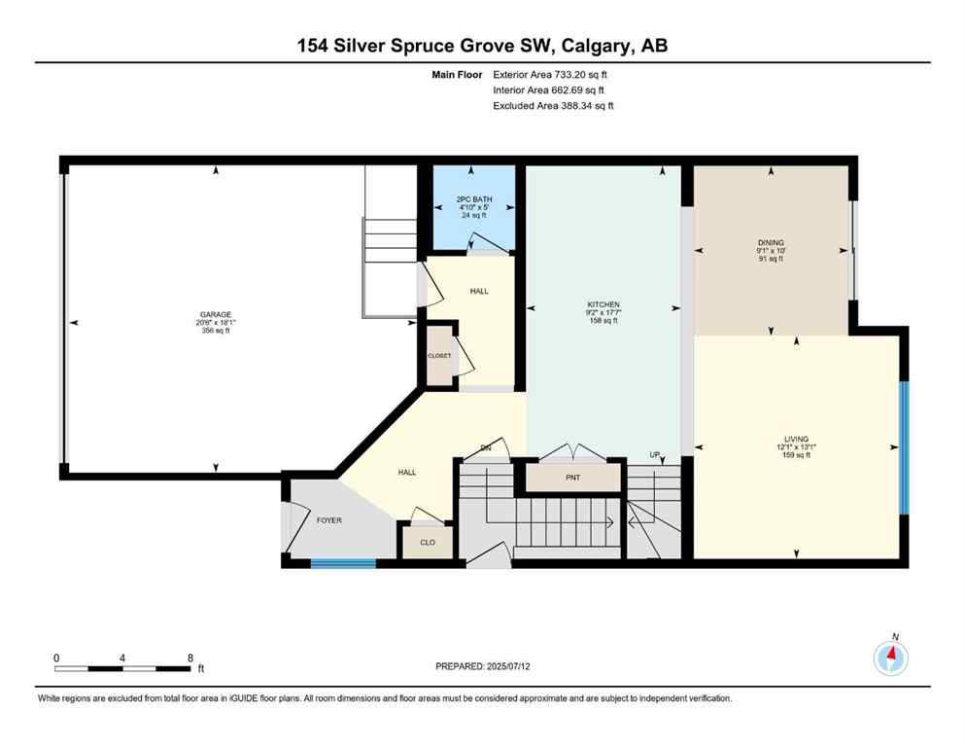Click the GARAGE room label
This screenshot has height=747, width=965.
click(x=216, y=314)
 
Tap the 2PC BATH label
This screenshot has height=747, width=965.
click(x=475, y=199)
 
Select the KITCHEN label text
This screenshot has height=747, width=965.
click(x=603, y=304)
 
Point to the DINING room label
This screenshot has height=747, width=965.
click(x=771, y=242)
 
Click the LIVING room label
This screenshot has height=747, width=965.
click(x=797, y=439)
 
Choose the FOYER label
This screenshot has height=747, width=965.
click(x=330, y=520)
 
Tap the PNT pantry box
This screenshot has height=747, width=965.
click(x=573, y=479)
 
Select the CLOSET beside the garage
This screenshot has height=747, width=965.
click(x=439, y=356)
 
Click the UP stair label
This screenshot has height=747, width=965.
click(x=656, y=455)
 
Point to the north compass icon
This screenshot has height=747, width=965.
click(x=891, y=658)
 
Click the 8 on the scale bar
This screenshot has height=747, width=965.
click(x=190, y=658)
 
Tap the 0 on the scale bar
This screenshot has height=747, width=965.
click(x=56, y=658)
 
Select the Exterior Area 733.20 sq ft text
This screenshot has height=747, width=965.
click(x=552, y=74)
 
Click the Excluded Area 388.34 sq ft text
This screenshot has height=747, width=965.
click(x=553, y=105)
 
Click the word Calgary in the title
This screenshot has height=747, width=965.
click(x=589, y=46)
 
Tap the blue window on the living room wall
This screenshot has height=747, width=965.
click(x=903, y=446)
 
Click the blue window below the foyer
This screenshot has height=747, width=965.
click(x=343, y=562)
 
